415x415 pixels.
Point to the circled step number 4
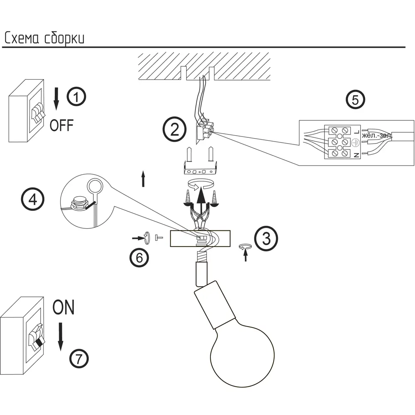[x=32, y=200]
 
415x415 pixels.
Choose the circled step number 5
[x=355, y=100]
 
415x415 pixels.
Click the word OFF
[x=61, y=125]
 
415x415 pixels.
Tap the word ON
[x=63, y=308]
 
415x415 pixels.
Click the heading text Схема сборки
[x=44, y=38]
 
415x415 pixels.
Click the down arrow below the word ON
[x=61, y=336]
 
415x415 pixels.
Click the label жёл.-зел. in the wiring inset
[x=377, y=136]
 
